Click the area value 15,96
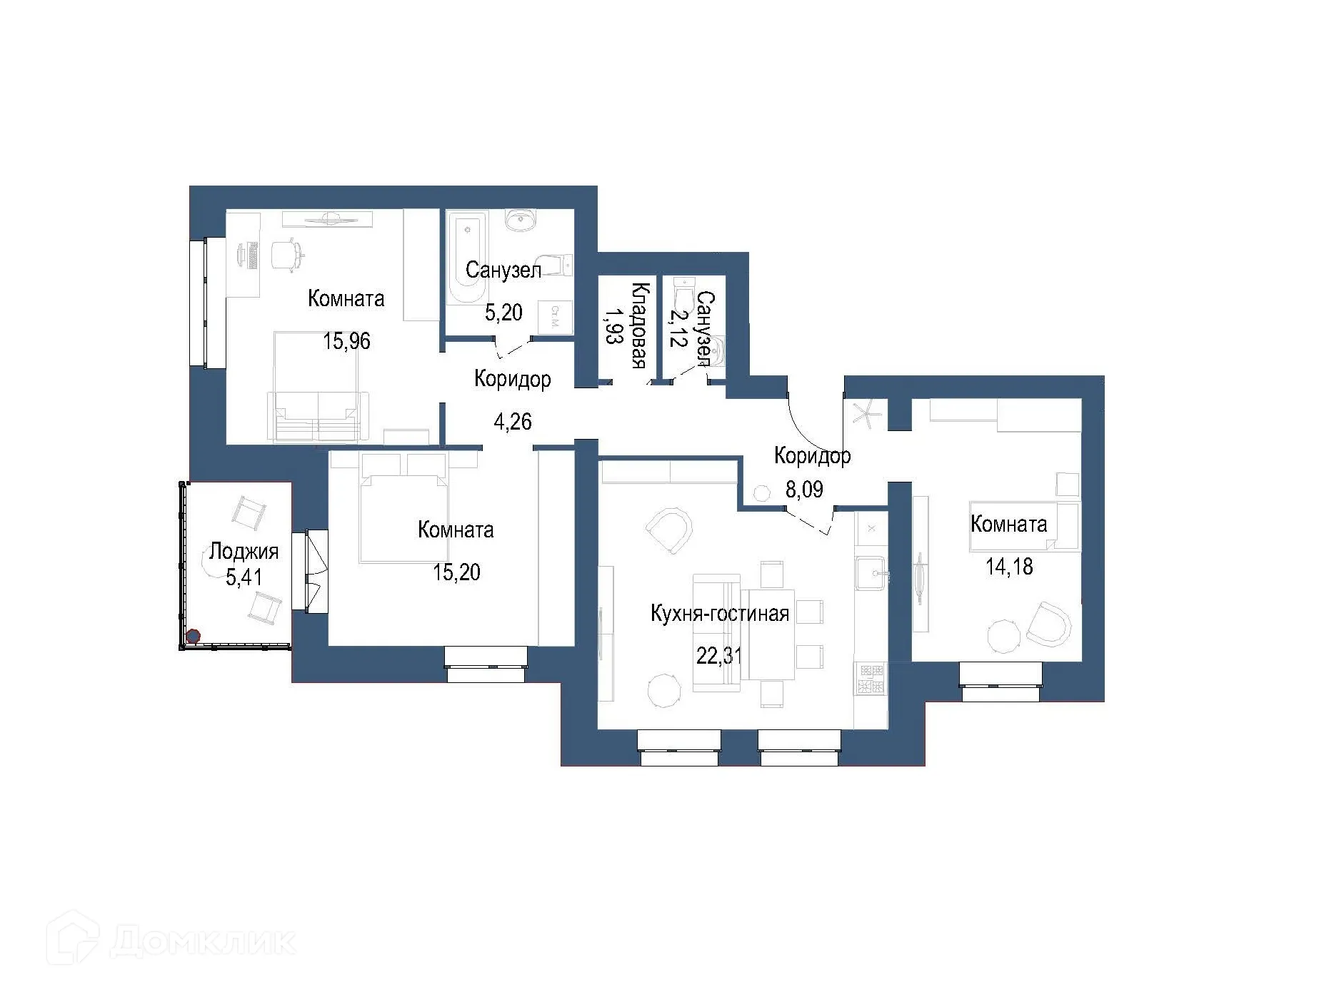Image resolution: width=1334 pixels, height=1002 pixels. [x=347, y=341]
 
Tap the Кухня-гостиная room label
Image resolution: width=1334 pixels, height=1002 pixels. [x=719, y=614]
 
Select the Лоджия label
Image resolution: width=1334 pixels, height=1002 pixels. [x=244, y=551]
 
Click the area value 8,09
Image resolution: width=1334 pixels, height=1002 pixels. [x=804, y=490]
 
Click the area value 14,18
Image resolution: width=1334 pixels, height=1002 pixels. [x=1009, y=567]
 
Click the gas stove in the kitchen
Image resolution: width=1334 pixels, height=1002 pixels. [x=871, y=679]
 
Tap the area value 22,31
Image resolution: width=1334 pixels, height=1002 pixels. [x=718, y=655]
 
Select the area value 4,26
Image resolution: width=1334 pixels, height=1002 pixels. [x=513, y=422]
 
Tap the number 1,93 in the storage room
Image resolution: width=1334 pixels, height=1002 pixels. [x=612, y=326]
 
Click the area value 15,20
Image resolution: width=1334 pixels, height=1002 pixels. [x=456, y=572]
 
